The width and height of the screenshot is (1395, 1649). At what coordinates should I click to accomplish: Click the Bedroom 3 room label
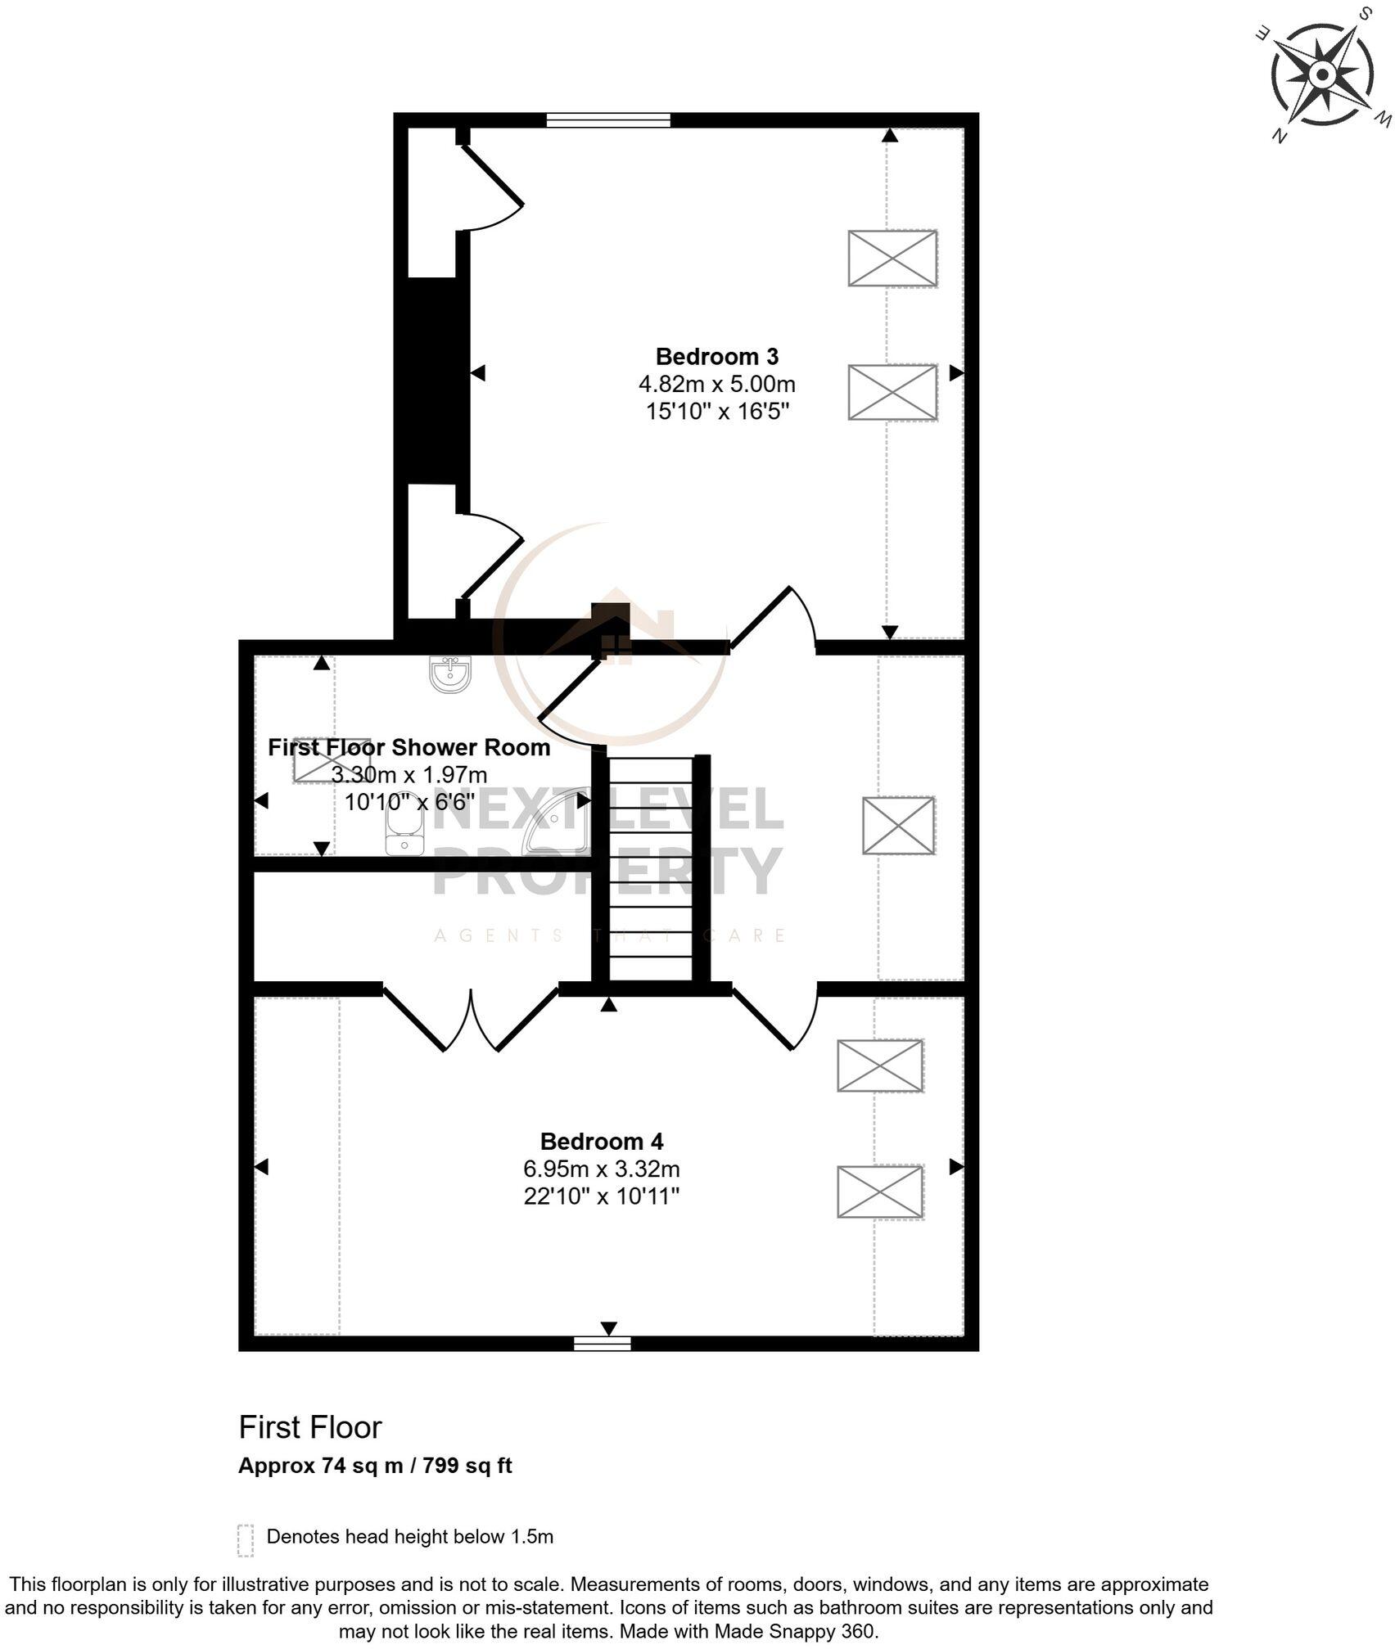point(716,356)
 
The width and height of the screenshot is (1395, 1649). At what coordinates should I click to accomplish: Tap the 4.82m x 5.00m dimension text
point(716,384)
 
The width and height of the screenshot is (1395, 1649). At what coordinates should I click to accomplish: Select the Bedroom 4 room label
point(602,1141)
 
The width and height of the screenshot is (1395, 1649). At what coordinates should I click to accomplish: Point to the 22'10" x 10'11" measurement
point(602,1196)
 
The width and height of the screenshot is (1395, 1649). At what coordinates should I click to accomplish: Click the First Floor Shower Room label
point(409,746)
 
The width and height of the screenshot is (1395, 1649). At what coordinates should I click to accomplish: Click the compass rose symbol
point(1322,75)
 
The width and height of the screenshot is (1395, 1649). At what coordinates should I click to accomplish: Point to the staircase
point(651,867)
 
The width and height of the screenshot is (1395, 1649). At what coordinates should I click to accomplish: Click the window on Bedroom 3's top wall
point(608,120)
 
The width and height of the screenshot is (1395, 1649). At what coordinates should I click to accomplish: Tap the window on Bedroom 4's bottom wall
point(602,1342)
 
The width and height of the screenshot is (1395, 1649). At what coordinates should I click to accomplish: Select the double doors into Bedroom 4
point(471,1020)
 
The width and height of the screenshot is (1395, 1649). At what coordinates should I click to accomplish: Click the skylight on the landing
point(898,825)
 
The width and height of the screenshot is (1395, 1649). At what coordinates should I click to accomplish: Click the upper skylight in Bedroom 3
point(892,258)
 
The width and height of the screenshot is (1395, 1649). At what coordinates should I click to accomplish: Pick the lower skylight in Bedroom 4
point(880,1192)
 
